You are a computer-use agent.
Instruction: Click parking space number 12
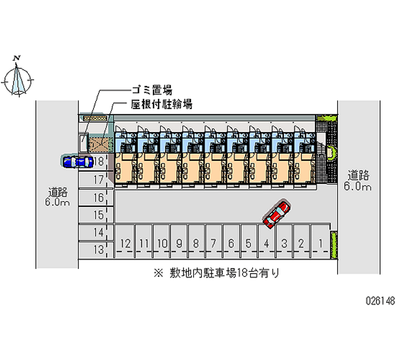pos(125,243)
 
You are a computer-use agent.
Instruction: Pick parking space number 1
pos(321,243)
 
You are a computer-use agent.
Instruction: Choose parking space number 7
pos(213,243)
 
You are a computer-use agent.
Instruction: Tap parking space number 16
pos(98,198)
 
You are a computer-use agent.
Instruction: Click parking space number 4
pos(266,243)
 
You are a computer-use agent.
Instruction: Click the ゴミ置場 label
pos(151,90)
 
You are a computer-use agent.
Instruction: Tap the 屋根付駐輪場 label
pos(161,104)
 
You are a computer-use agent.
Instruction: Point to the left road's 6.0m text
pos(57,203)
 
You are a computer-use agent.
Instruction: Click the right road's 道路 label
pos(359,175)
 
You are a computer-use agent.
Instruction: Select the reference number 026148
pos(380,301)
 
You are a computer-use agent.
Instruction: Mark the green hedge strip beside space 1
pos(334,245)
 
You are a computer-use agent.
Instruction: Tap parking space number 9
pos(179,243)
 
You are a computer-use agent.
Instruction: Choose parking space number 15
pos(98,215)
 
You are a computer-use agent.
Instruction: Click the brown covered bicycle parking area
pos(100,144)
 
